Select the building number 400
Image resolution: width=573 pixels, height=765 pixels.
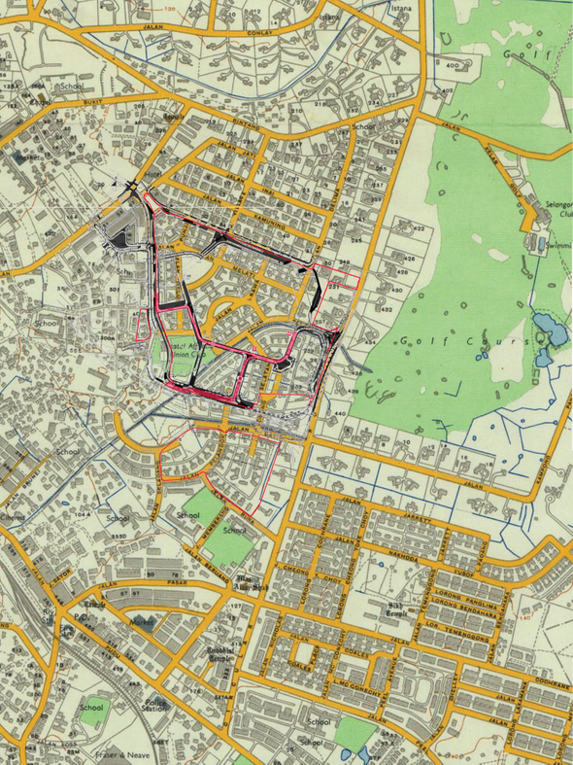tap(452, 65)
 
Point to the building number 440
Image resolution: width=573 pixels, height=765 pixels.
tap(340, 413)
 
